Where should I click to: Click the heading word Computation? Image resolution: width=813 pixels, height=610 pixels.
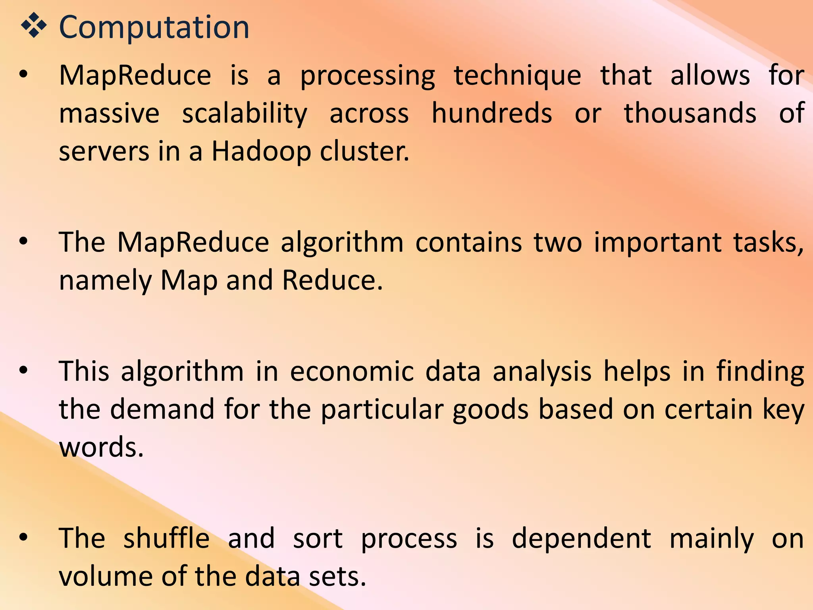[x=154, y=27]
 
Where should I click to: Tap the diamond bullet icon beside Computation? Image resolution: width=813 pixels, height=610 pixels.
[x=34, y=26]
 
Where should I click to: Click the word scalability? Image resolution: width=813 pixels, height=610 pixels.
[x=245, y=114]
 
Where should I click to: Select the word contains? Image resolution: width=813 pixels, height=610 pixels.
[x=468, y=242]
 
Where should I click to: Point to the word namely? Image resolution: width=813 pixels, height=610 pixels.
[x=105, y=280]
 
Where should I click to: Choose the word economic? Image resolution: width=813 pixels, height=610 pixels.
[x=352, y=372]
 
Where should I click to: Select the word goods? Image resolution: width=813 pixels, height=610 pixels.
[x=490, y=410]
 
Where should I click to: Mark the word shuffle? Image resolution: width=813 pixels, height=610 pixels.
[x=166, y=539]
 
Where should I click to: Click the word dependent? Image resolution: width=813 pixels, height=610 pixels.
[x=581, y=539]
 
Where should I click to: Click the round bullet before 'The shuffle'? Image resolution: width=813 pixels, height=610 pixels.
[x=24, y=537]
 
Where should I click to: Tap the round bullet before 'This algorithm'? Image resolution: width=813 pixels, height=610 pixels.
[x=24, y=371]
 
